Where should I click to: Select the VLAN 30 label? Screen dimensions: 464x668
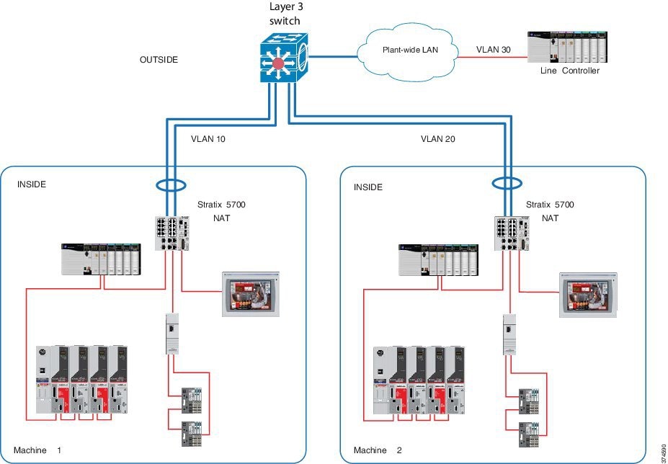pyautogui.click(x=494, y=50)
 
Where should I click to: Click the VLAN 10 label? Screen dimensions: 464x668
pyautogui.click(x=208, y=139)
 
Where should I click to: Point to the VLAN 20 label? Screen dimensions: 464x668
pyautogui.click(x=438, y=139)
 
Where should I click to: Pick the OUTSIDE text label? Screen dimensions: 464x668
pyautogui.click(x=159, y=60)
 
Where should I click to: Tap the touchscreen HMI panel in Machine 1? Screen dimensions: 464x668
pyautogui.click(x=249, y=294)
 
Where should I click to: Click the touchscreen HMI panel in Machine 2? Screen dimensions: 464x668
pyautogui.click(x=588, y=294)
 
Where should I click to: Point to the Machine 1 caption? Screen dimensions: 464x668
pyautogui.click(x=37, y=450)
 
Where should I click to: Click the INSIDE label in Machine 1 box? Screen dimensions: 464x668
pyautogui.click(x=32, y=184)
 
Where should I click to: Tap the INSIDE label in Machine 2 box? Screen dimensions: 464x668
pyautogui.click(x=368, y=187)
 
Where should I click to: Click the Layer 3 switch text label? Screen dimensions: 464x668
pyautogui.click(x=286, y=12)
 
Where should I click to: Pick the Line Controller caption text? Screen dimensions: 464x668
pyautogui.click(x=569, y=71)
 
